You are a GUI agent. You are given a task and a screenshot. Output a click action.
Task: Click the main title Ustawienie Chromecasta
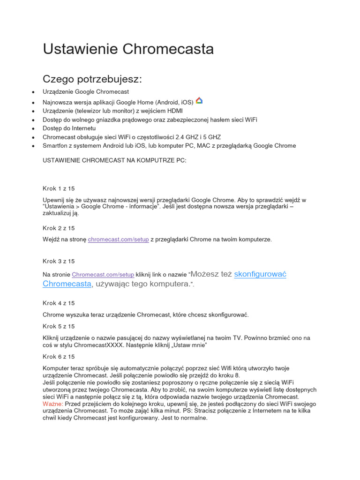coord(128,49)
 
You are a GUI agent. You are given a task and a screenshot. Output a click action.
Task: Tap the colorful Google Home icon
coord(199,101)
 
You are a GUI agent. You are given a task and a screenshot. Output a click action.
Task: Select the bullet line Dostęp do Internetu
coord(69,128)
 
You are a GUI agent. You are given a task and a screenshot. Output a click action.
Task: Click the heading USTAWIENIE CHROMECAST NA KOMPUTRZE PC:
coord(114,161)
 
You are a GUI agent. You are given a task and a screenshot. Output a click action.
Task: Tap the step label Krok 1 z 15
coord(59,188)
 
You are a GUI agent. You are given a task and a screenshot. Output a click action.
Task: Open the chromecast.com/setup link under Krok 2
coord(118,240)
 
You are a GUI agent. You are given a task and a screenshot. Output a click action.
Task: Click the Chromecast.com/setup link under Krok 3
coord(103,275)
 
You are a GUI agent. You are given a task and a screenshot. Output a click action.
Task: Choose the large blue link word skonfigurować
coord(260,274)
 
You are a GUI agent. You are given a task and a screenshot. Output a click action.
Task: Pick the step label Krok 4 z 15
coord(59,303)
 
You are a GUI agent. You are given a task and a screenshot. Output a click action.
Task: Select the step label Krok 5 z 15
coord(59,326)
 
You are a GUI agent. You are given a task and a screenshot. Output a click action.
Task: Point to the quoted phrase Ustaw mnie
coord(188,345)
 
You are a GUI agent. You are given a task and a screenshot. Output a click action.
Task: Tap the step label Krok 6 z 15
coord(59,357)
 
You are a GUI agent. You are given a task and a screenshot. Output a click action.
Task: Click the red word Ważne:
coord(52,404)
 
